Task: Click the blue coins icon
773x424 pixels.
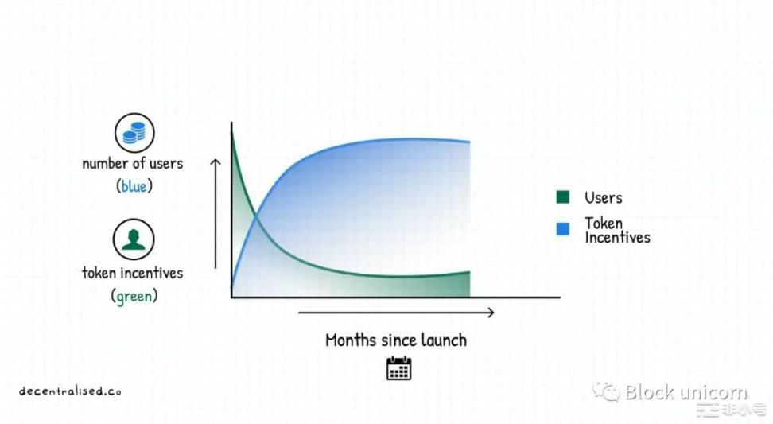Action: tap(134, 133)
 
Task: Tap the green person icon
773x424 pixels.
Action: tap(134, 239)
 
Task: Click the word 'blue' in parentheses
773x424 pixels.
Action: tap(134, 186)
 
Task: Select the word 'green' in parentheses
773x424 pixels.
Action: tap(134, 296)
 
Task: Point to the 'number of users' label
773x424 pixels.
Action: tap(133, 163)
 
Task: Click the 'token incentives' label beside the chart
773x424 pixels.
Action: tap(133, 273)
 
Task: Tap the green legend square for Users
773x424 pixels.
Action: tap(562, 197)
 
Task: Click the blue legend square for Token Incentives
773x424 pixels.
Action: tap(562, 229)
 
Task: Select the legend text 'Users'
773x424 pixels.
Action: tap(604, 198)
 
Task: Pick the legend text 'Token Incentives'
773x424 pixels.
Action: tap(617, 230)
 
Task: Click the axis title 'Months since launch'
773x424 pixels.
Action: tap(396, 340)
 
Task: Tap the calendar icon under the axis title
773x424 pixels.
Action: tap(398, 368)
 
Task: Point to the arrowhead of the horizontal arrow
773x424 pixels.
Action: tap(491, 313)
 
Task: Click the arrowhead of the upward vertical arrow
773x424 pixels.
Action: tap(216, 161)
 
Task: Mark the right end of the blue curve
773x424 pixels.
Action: tap(469, 142)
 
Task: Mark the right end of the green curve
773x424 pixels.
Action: tap(469, 271)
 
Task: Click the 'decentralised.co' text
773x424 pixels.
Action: tap(70, 391)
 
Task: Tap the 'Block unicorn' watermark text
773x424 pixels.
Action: tap(686, 392)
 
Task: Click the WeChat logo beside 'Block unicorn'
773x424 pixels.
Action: tap(606, 391)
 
